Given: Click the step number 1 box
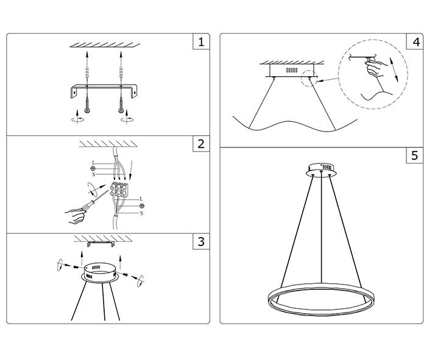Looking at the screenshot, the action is pyautogui.click(x=201, y=42).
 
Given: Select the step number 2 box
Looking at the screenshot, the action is pyautogui.click(x=201, y=144).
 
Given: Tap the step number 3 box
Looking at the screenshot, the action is pyautogui.click(x=201, y=242).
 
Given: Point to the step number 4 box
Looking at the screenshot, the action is pyautogui.click(x=415, y=42).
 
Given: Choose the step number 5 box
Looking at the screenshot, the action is pyautogui.click(x=415, y=155).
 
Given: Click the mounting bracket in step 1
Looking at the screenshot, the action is pyautogui.click(x=104, y=90).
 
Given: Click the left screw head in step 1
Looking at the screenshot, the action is pyautogui.click(x=87, y=110).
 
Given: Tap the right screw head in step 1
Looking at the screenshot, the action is pyautogui.click(x=121, y=110).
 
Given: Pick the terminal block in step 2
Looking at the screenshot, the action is pyautogui.click(x=119, y=189).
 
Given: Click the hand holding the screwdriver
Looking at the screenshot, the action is pyautogui.click(x=75, y=216).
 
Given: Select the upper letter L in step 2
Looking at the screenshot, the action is pyautogui.click(x=93, y=163).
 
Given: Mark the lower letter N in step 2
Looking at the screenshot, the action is pyautogui.click(x=141, y=213).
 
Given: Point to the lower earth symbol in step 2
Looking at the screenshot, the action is pyautogui.click(x=142, y=206).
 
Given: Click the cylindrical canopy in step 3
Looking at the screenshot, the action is pyautogui.click(x=100, y=273).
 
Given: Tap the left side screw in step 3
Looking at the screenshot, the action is pyautogui.click(x=76, y=266).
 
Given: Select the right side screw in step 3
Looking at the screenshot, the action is pyautogui.click(x=126, y=274).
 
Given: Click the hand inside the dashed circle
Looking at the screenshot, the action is pyautogui.click(x=375, y=68).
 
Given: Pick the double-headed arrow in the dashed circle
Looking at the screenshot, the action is pyautogui.click(x=394, y=69).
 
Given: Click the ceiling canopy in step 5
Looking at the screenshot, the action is pyautogui.click(x=322, y=170).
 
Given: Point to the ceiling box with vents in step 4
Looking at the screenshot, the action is pyautogui.click(x=292, y=71).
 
